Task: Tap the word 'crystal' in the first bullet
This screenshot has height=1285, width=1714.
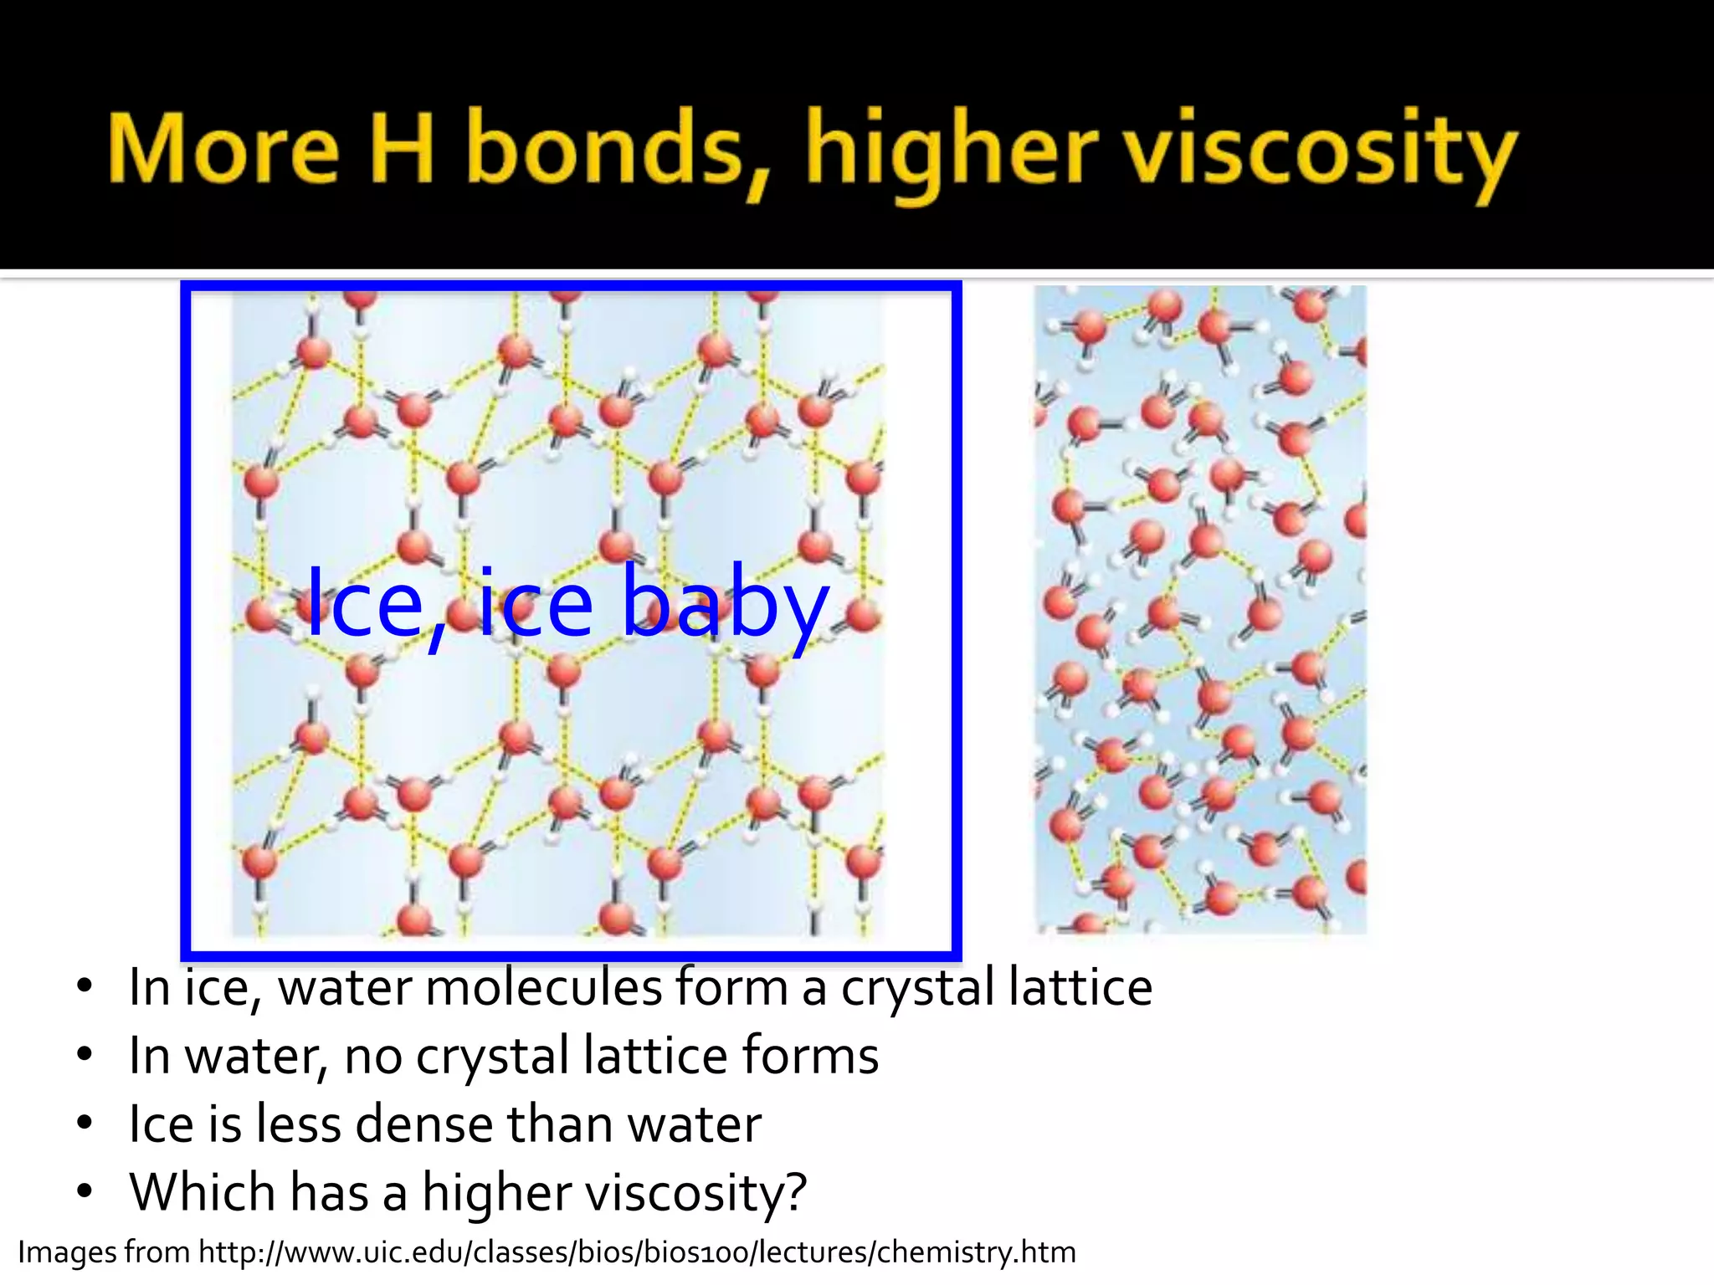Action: click(x=917, y=988)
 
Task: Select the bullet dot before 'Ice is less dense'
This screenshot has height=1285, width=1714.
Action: click(x=84, y=1124)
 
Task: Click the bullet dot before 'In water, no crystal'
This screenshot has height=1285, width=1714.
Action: click(x=84, y=1055)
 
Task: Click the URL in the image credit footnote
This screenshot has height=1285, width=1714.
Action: click(x=637, y=1252)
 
